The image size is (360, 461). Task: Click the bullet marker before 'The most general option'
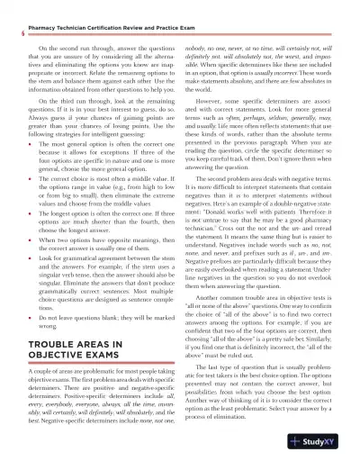pos(33,144)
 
